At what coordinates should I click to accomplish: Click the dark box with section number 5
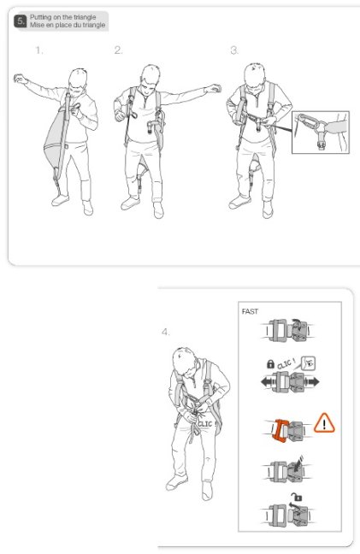pyautogui.click(x=21, y=21)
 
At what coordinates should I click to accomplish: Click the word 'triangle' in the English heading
pyautogui.click(x=85, y=17)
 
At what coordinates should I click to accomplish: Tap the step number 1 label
pyautogui.click(x=39, y=50)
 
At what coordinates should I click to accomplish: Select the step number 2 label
pyautogui.click(x=118, y=50)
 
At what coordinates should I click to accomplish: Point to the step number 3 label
pyautogui.click(x=234, y=50)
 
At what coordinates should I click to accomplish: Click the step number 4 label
pyautogui.click(x=165, y=332)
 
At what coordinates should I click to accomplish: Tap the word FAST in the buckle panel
pyautogui.click(x=250, y=311)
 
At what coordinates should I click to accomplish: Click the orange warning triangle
pyautogui.click(x=324, y=423)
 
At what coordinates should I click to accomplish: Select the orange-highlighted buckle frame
pyautogui.click(x=279, y=430)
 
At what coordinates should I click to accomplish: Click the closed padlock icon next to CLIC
pyautogui.click(x=270, y=364)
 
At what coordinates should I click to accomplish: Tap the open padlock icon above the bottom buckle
pyautogui.click(x=298, y=498)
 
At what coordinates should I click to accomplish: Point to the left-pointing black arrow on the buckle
pyautogui.click(x=268, y=382)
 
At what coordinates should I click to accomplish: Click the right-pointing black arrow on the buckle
pyautogui.click(x=312, y=381)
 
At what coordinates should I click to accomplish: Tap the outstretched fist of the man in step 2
pyautogui.click(x=214, y=88)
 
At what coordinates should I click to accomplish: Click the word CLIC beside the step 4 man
pyautogui.click(x=205, y=424)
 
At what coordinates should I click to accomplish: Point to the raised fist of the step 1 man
pyautogui.click(x=19, y=79)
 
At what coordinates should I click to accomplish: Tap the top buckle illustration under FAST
pyautogui.click(x=287, y=330)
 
